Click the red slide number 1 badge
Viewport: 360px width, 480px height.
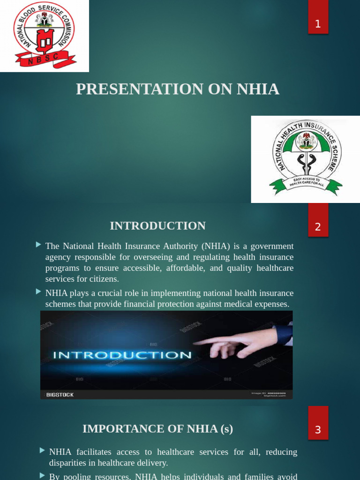[x=318, y=23]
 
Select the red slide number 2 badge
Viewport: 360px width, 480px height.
[x=318, y=227]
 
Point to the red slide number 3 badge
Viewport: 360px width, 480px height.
[x=318, y=429]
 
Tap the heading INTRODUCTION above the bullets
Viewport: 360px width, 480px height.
[x=157, y=226]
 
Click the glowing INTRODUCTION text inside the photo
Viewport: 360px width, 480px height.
[x=122, y=355]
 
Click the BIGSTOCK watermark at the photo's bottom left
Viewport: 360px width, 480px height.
[x=60, y=395]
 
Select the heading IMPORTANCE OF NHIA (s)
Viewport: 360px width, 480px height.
[x=157, y=429]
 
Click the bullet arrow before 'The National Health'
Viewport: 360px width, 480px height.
[x=38, y=245]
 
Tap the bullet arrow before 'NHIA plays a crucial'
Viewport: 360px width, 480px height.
[x=38, y=292]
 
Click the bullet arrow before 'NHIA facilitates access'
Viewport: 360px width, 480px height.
[x=42, y=450]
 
